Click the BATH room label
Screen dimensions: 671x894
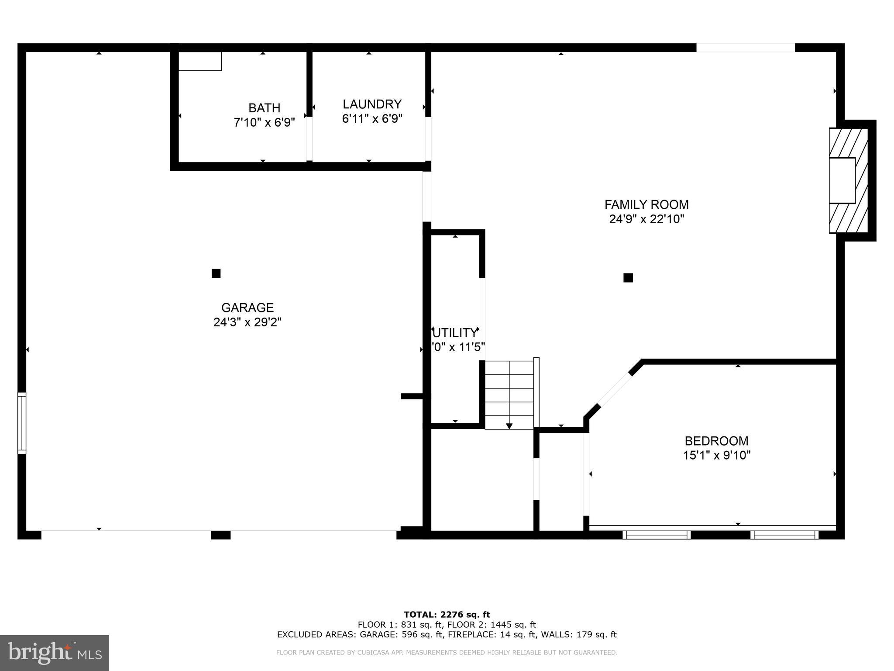[264, 108]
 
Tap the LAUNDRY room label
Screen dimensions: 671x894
[372, 104]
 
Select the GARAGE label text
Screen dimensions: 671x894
[248, 308]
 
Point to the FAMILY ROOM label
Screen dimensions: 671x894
[646, 204]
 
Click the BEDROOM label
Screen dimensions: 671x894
[716, 441]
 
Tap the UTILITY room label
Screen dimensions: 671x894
[455, 333]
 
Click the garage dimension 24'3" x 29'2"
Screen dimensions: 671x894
[248, 322]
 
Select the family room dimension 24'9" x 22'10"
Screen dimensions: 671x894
[646, 219]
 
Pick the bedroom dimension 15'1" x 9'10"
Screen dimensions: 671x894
[716, 455]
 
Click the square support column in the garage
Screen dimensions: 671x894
[216, 273]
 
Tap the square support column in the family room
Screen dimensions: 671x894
[628, 278]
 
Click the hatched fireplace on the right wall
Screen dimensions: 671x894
[848, 180]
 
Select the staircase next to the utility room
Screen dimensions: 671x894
[510, 393]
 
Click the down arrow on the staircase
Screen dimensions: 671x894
[509, 425]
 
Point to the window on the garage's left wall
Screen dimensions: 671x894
[21, 423]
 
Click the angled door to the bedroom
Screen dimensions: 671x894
[615, 390]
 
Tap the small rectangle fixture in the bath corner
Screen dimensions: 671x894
[200, 61]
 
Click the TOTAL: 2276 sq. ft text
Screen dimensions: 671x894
[447, 615]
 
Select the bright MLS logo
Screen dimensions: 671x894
[55, 653]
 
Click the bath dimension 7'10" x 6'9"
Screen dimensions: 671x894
[264, 122]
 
